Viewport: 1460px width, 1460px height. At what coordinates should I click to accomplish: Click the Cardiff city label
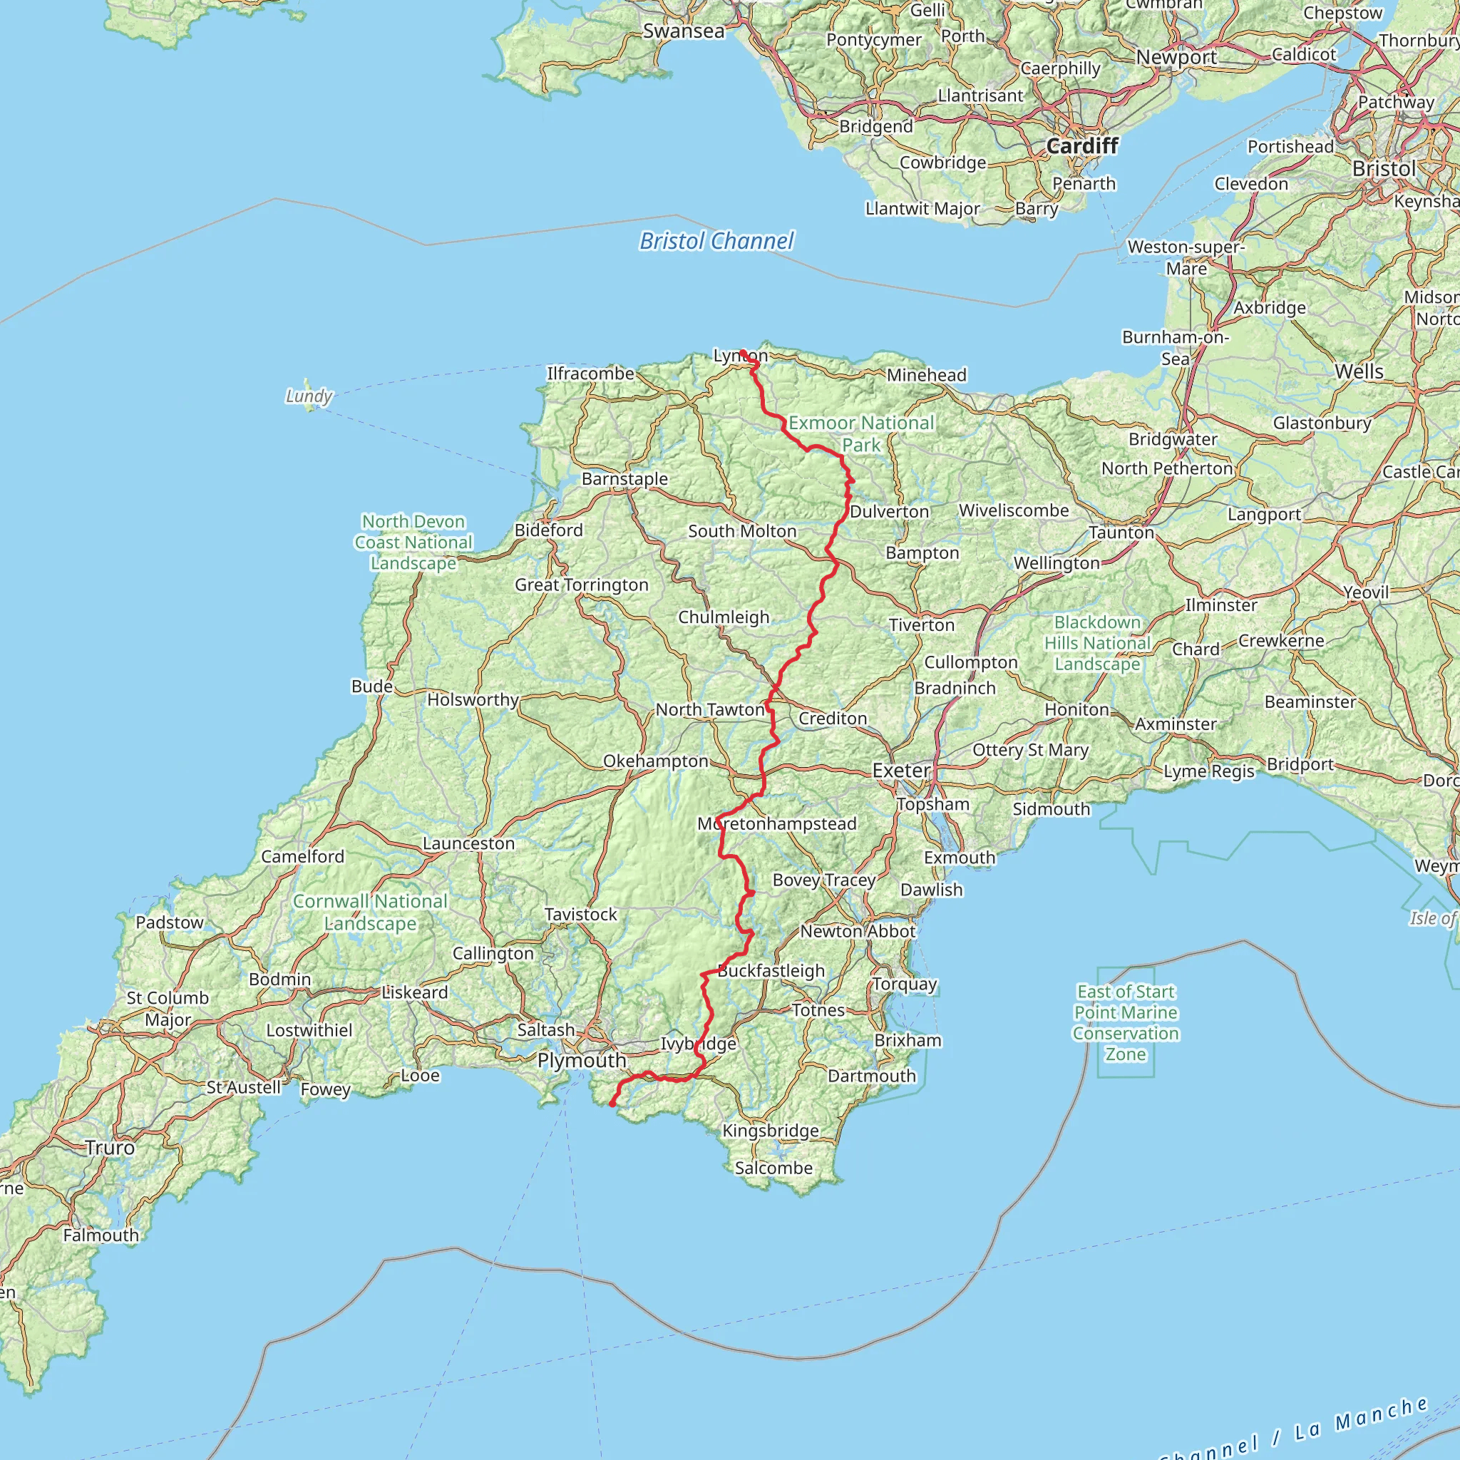1081,146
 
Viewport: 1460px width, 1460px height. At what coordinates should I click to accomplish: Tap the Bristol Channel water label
716,241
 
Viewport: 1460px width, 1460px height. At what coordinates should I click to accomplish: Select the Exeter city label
901,770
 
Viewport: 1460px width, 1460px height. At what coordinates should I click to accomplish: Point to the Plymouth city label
581,1060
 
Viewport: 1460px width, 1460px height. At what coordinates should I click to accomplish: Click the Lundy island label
308,396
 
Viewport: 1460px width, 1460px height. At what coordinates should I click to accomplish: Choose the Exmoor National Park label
860,433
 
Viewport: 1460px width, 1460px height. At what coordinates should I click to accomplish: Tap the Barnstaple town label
624,478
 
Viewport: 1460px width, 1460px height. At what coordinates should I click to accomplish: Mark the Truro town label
110,1147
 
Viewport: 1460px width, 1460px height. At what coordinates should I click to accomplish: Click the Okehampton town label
655,761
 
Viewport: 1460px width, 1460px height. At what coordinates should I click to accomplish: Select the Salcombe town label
773,1168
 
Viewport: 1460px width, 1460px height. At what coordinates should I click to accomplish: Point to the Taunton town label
1121,533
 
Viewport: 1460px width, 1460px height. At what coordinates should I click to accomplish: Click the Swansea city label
683,31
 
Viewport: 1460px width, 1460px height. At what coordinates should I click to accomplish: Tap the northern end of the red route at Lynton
743,352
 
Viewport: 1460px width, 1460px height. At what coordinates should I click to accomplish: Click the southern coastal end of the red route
612,1105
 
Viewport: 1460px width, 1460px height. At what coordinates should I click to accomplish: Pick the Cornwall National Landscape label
370,912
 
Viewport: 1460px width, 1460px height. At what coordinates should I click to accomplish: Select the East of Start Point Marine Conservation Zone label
1125,1022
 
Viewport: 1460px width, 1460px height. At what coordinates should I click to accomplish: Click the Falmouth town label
101,1235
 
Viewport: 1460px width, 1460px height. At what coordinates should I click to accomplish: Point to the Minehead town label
926,375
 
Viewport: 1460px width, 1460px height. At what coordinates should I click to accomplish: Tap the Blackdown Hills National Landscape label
1097,643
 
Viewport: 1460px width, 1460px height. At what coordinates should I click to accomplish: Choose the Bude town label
372,687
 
